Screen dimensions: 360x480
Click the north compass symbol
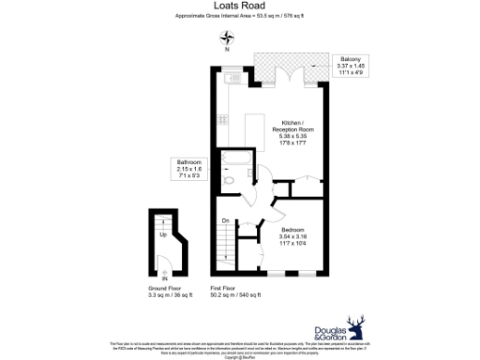(x=225, y=37)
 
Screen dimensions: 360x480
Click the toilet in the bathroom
(x=228, y=181)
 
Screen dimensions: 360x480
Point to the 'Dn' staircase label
(x=226, y=221)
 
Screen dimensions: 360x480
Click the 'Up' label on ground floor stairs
(x=164, y=234)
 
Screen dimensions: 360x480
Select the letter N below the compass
(x=225, y=49)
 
